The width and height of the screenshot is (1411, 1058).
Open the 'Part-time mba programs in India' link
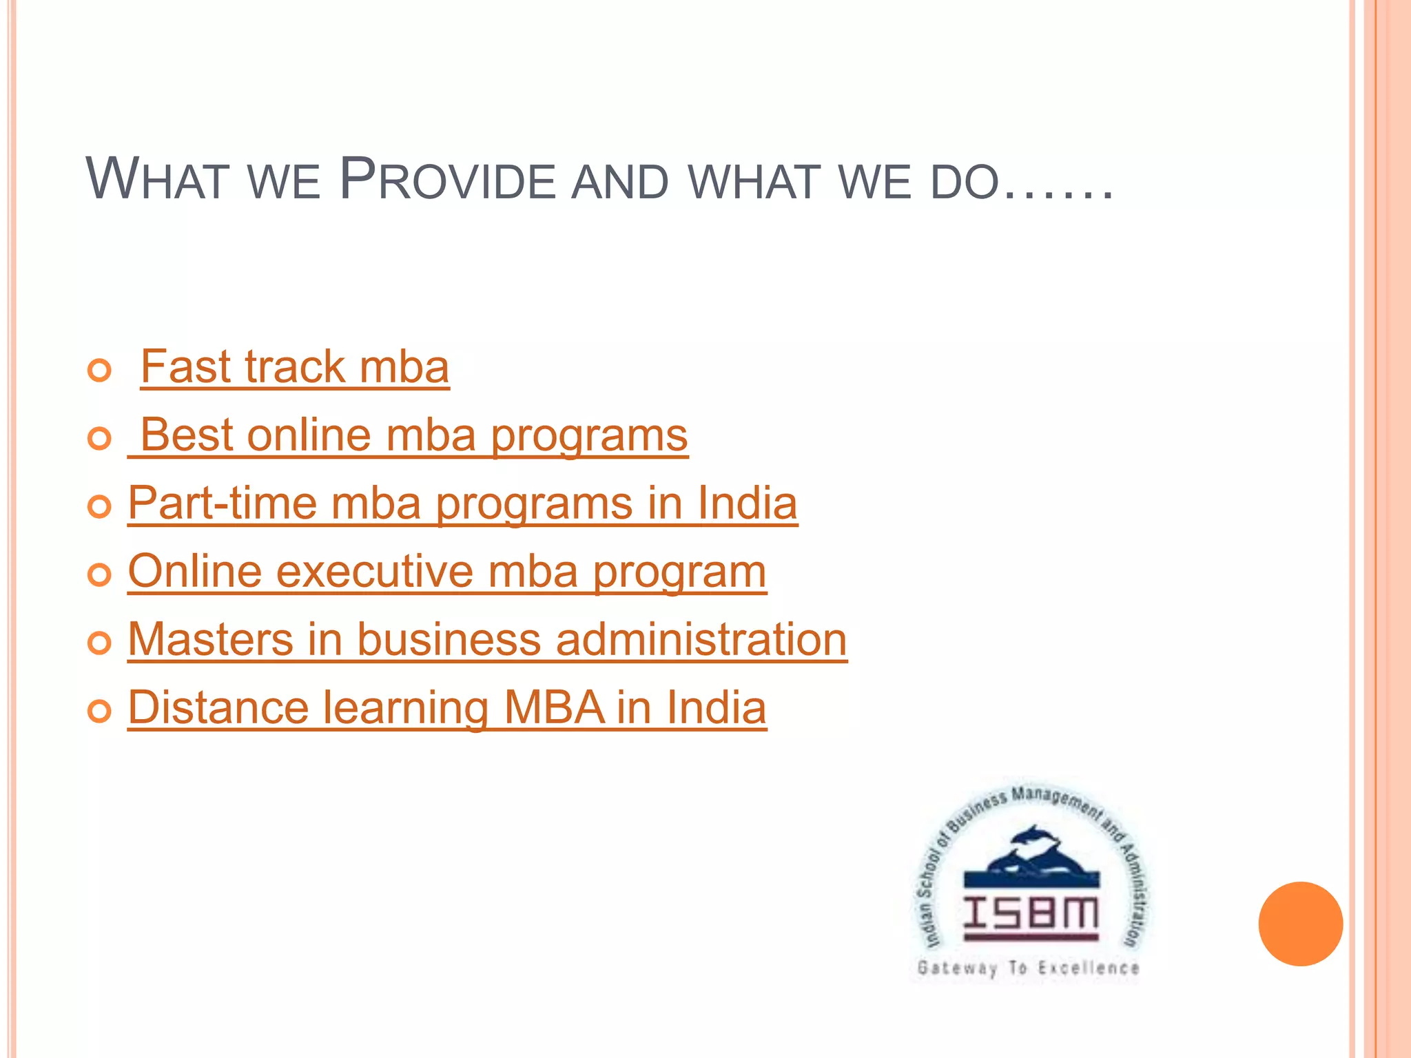(x=462, y=504)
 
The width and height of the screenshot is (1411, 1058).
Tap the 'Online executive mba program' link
(x=447, y=572)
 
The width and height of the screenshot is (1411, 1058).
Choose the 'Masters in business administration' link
(x=487, y=640)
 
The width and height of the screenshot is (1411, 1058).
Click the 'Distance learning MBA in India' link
(x=447, y=708)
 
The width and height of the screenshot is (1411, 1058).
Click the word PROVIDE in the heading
(x=448, y=180)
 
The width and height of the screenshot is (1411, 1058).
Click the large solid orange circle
(x=1300, y=924)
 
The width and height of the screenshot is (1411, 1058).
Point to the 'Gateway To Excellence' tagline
(x=1028, y=968)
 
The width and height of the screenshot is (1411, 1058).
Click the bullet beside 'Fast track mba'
(x=100, y=371)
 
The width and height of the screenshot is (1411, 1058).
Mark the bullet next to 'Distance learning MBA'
(x=100, y=711)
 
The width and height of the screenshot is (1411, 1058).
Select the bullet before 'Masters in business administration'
(x=100, y=643)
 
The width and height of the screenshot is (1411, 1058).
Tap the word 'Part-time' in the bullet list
(x=222, y=504)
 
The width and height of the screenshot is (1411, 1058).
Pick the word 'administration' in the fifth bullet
(x=701, y=640)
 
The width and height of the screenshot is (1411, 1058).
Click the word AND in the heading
(x=620, y=182)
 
